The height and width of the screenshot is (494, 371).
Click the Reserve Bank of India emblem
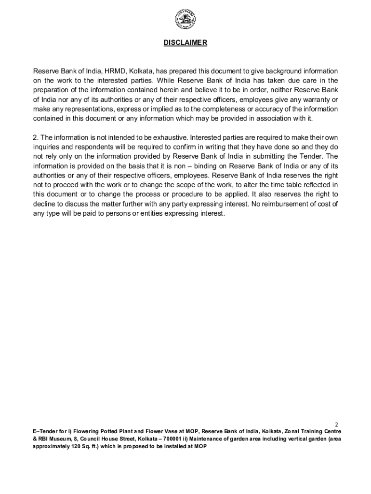tap(185, 20)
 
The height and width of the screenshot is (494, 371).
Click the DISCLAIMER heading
tap(185, 43)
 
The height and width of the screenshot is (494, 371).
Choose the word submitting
tap(278, 156)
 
